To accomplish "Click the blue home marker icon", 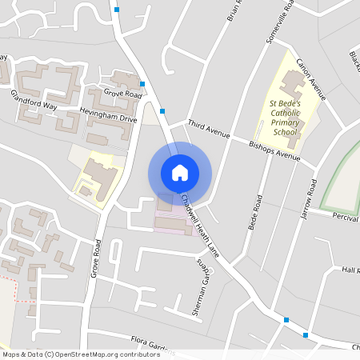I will pos(180,173).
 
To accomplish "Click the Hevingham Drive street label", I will pos(108,114).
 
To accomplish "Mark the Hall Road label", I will pos(350,270).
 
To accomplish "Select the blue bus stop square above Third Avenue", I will pos(162,110).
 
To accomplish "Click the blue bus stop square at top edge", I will pos(117,10).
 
